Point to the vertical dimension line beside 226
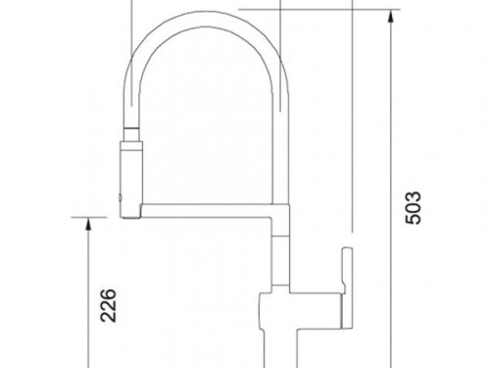(88, 294)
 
